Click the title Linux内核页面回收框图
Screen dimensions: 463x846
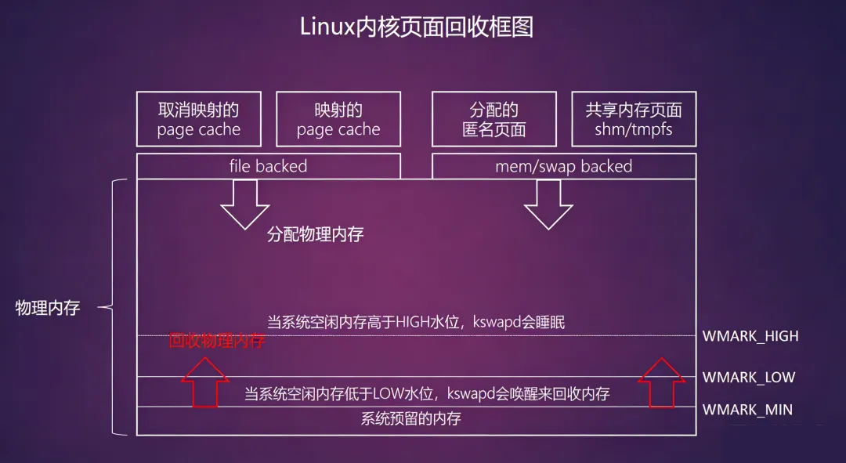click(417, 27)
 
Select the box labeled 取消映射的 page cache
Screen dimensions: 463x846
click(198, 119)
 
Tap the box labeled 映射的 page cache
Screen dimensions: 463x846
click(338, 119)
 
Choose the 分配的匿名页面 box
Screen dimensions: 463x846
click(493, 119)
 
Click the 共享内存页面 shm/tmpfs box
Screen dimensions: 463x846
click(634, 119)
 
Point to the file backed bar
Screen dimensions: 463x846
click(269, 166)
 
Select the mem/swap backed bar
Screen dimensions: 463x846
click(564, 166)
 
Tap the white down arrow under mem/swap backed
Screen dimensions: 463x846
click(548, 204)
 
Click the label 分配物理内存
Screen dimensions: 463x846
click(315, 234)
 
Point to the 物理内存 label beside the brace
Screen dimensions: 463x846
click(48, 308)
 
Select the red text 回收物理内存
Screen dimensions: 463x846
click(217, 341)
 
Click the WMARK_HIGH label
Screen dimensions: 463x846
click(750, 336)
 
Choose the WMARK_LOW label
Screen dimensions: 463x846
click(748, 377)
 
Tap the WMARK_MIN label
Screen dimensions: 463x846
click(747, 409)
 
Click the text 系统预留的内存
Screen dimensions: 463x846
click(410, 419)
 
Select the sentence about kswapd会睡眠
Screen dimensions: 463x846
click(415, 322)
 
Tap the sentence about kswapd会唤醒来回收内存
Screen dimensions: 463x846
click(427, 393)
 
